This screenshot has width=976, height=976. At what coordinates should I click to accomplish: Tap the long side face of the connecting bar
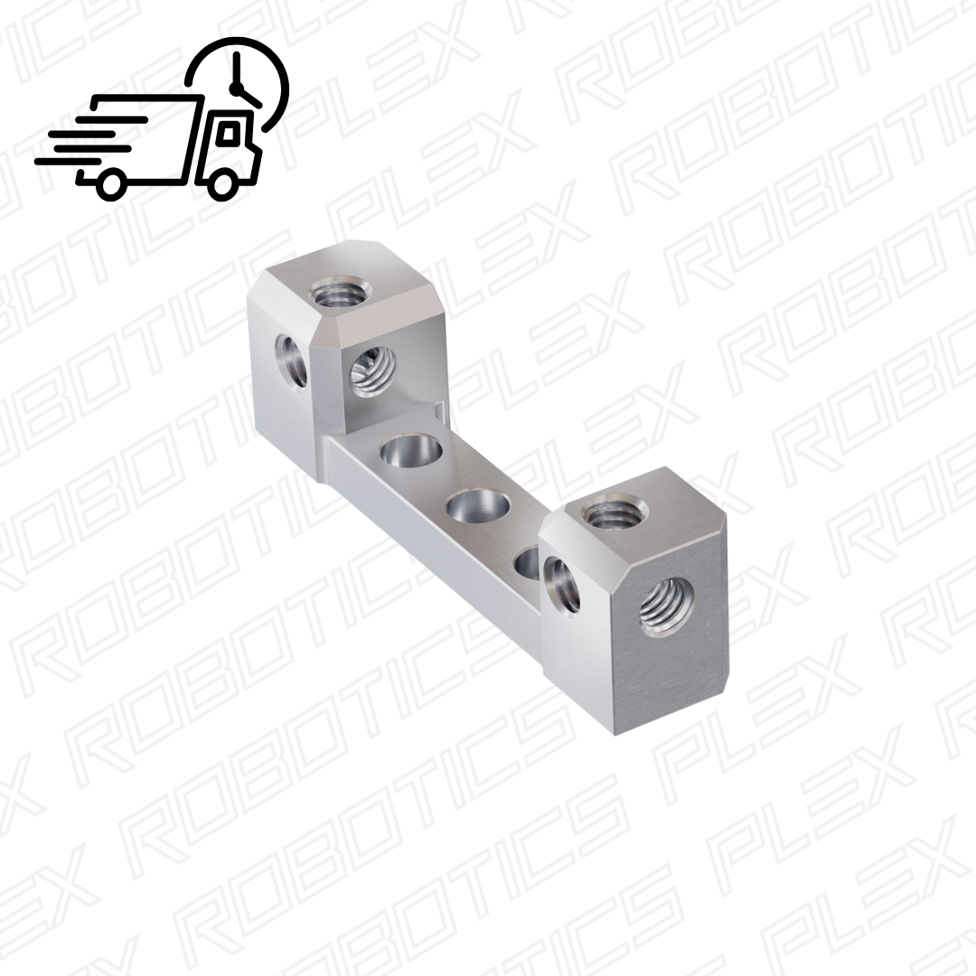point(425,533)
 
